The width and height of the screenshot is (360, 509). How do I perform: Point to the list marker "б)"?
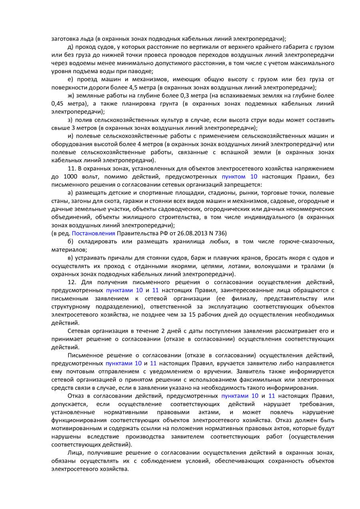71,242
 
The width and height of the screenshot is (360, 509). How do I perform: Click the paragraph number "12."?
72,282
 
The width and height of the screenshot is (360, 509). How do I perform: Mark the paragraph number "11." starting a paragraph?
72,168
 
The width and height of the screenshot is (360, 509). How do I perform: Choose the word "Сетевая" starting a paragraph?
80,331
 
